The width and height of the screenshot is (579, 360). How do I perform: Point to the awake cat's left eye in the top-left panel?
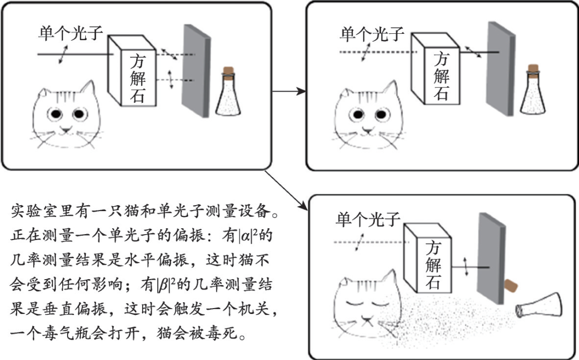tap(55, 114)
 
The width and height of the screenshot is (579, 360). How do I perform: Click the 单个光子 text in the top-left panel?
tap(70, 34)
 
